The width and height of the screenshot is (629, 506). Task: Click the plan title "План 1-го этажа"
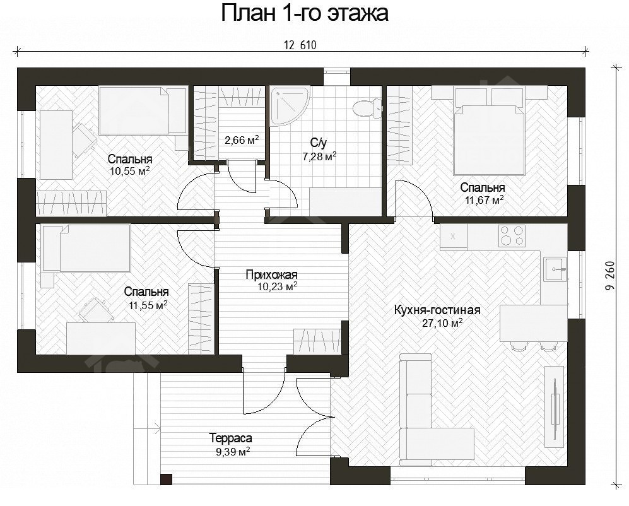click(x=304, y=14)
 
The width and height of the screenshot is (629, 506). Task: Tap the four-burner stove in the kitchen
click(x=512, y=236)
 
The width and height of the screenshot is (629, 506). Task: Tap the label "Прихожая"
click(x=271, y=274)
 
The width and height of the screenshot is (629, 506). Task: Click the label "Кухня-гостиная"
click(x=437, y=310)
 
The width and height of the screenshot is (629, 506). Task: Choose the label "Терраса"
click(x=231, y=438)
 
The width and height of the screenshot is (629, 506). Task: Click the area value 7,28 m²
click(x=319, y=156)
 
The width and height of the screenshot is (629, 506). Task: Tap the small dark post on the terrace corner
click(x=166, y=480)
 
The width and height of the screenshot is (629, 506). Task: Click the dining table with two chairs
click(x=532, y=323)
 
